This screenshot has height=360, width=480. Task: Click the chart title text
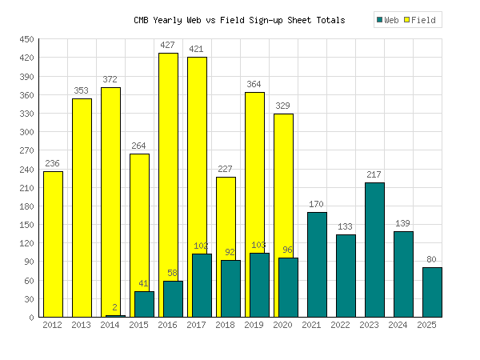(x=239, y=20)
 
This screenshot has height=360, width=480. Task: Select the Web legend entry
(x=387, y=20)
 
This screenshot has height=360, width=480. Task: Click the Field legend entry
(x=418, y=20)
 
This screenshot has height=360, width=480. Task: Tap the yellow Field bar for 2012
(x=53, y=244)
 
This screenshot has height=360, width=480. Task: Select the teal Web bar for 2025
(x=432, y=292)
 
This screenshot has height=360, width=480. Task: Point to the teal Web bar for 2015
(x=144, y=304)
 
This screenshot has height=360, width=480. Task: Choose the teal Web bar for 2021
(x=317, y=264)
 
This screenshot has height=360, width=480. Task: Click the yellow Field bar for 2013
(x=82, y=208)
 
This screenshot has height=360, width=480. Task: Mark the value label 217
(x=374, y=175)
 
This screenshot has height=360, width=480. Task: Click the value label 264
(x=139, y=146)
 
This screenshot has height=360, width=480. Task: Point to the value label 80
(x=432, y=260)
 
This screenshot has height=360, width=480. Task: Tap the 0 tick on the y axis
(x=31, y=318)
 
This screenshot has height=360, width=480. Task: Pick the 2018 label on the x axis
(x=226, y=325)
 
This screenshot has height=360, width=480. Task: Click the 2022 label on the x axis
(x=341, y=325)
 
